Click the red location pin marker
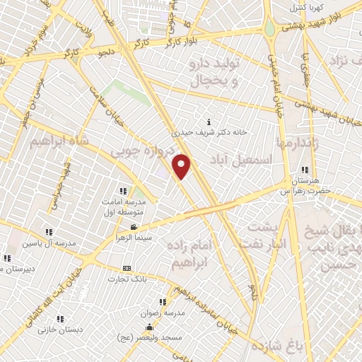[182, 165]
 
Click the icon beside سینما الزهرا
[134, 227]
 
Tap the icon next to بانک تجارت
[127, 268]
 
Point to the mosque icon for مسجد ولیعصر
[148, 327]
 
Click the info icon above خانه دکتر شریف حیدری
[207, 122]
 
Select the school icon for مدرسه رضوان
[168, 302]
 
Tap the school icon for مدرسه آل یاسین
[48, 232]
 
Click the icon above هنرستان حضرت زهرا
[305, 170]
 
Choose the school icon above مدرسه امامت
[123, 191]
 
